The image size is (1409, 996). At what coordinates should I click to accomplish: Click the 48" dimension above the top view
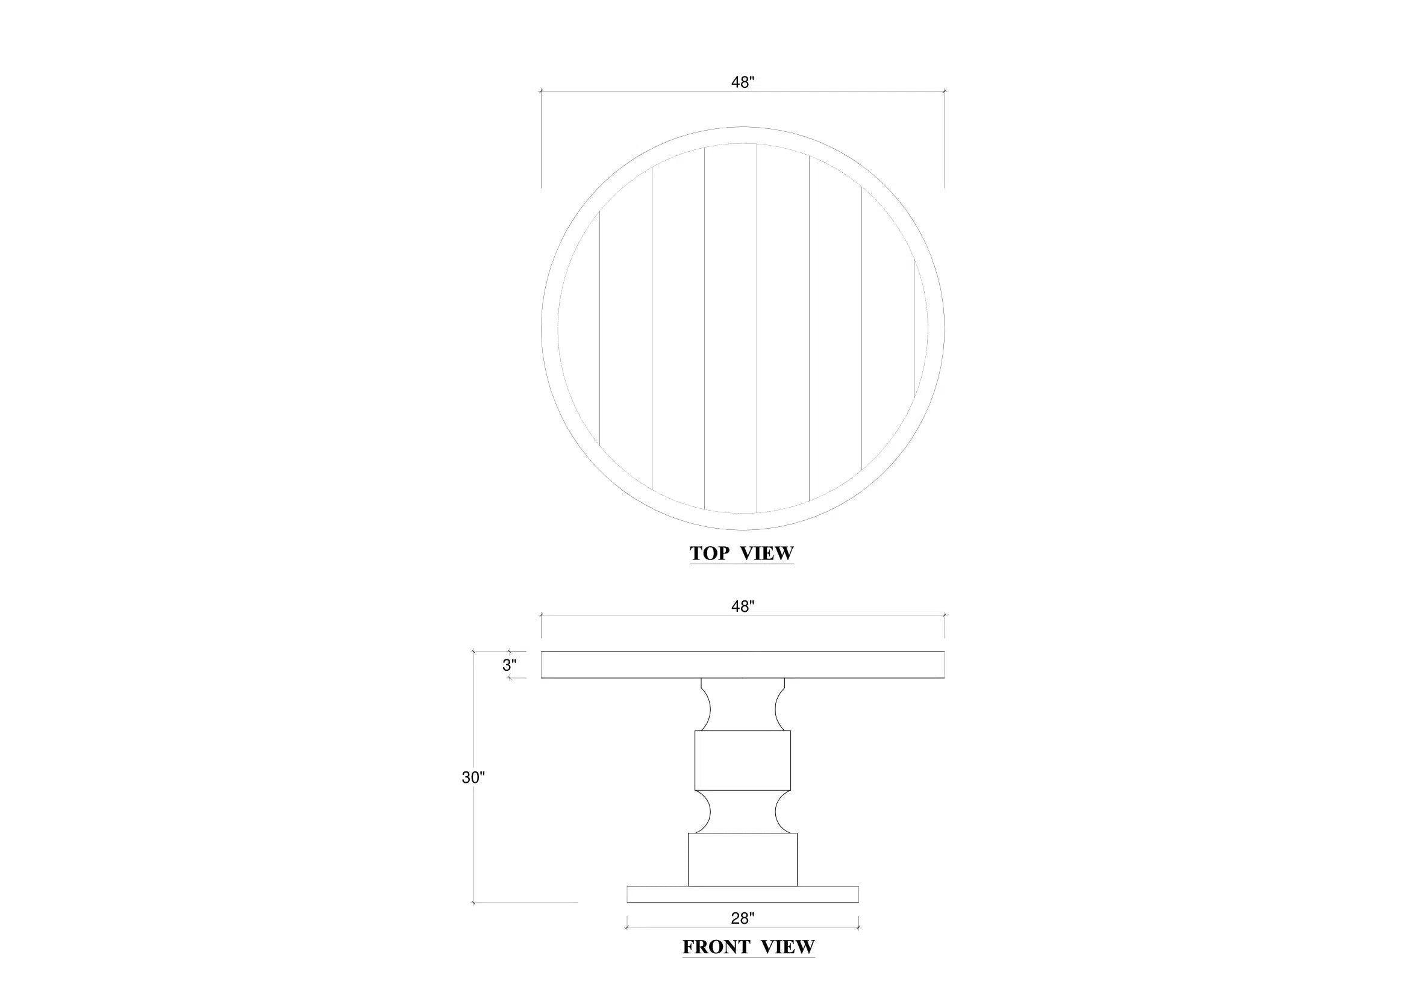click(x=742, y=82)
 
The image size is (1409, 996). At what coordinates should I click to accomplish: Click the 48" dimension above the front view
click(x=742, y=606)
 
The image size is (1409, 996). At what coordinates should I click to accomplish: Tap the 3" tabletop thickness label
click(x=510, y=665)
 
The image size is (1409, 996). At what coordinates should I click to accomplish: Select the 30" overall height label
click(x=473, y=777)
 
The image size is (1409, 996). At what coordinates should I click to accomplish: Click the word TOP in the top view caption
click(x=710, y=553)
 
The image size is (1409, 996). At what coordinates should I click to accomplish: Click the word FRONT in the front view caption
click(x=716, y=947)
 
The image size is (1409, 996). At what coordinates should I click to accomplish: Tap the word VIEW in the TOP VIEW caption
click(x=767, y=553)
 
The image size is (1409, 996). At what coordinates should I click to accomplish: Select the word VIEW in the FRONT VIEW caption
click(x=788, y=947)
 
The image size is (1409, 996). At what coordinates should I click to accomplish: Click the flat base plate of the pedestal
click(x=743, y=894)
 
